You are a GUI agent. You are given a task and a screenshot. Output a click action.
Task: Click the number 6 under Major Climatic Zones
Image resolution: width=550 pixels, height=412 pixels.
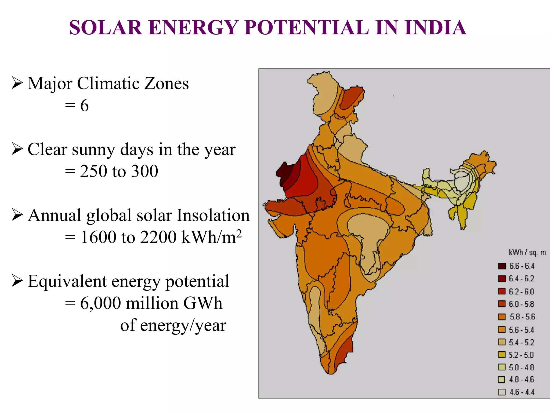(84, 105)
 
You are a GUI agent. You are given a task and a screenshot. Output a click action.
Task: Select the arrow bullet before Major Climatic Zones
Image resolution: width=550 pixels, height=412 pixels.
(17, 83)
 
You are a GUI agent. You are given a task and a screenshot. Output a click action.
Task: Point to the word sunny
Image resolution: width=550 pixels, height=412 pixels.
(94, 150)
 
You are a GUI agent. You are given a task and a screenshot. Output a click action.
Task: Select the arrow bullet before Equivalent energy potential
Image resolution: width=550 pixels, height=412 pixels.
(17, 281)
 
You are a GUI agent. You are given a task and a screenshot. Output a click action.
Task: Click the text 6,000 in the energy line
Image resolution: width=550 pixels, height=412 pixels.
(100, 303)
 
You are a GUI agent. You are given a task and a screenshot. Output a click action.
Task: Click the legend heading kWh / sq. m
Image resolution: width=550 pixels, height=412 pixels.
(527, 252)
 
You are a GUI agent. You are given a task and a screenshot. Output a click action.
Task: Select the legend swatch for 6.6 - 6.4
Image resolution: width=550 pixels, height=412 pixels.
(502, 266)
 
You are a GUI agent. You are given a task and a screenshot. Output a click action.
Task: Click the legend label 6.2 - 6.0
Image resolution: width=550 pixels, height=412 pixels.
(522, 292)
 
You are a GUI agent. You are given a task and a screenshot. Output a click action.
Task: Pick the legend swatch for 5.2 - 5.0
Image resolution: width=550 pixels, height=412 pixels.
(502, 355)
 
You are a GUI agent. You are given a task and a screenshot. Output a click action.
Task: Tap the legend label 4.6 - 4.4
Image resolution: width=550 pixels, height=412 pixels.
(522, 392)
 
